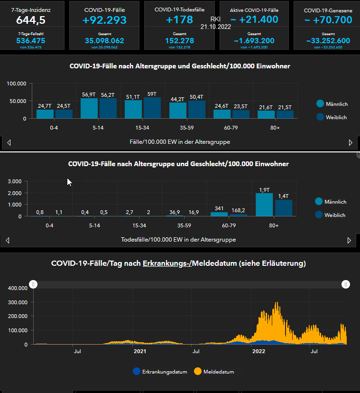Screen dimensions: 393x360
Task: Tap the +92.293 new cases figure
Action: pos(105,20)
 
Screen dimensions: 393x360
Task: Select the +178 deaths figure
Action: pos(180,20)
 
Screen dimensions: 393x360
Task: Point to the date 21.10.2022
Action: pos(216,27)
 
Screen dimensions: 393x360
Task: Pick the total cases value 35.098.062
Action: pos(105,41)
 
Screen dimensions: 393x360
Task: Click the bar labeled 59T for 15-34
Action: pos(152,108)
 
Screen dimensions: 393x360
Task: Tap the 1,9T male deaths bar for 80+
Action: pos(264,205)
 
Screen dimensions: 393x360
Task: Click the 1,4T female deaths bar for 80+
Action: pos(284,208)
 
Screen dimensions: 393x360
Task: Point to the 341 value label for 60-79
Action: pos(219,208)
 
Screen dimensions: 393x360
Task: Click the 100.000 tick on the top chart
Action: pos(17,84)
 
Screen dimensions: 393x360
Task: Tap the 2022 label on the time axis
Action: pos(258,352)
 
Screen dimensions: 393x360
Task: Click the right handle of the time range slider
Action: pos(346,284)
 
